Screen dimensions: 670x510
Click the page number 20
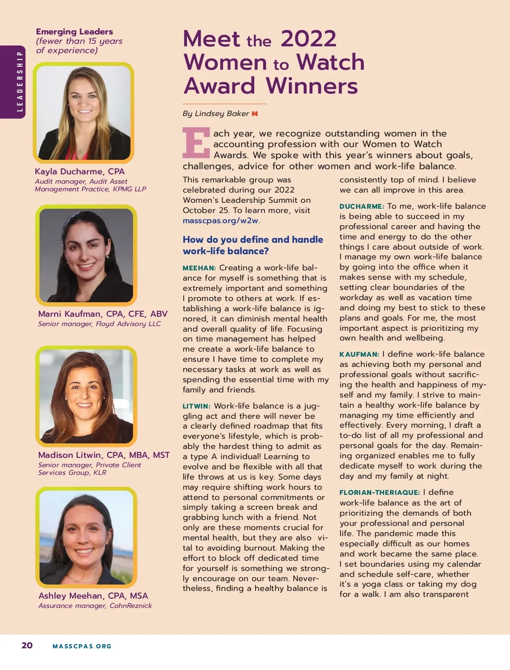pos(27,645)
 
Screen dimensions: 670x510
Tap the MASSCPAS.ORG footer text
pos(82,646)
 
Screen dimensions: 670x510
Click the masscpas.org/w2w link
pos(220,221)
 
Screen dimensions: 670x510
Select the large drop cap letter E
pos(196,142)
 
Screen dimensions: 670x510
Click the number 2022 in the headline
pos(308,39)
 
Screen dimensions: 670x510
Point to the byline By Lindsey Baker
pos(216,114)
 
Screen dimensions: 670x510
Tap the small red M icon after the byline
pos(255,114)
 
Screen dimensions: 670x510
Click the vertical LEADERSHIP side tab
pos(19,82)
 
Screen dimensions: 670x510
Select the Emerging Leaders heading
pos(74,31)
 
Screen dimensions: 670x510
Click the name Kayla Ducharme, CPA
pos(79,171)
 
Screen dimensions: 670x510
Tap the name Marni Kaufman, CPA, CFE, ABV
pos(102,314)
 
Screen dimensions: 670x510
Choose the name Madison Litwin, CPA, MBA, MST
pos(104,455)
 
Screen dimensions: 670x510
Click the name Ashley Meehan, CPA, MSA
pos(93,596)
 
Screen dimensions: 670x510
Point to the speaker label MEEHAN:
pos(199,268)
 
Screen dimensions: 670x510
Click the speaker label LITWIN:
pos(196,406)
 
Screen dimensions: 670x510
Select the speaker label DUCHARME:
pos(361,207)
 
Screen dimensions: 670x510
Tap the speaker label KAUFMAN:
pos(359,355)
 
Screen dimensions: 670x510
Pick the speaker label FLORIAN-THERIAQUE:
pos(379,493)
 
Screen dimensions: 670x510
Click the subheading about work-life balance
pos(252,245)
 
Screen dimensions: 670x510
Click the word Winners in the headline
pos(312,86)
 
